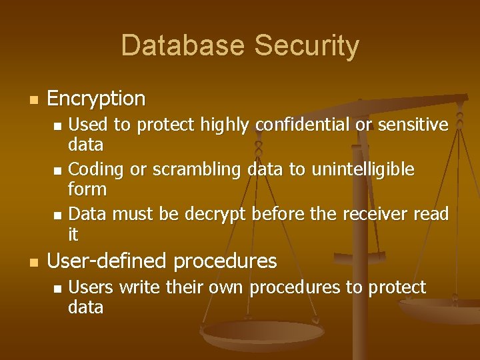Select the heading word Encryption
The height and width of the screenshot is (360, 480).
96,99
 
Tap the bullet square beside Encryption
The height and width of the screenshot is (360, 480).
33,100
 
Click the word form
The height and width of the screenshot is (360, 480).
87,189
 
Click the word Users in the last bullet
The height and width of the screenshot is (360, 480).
91,287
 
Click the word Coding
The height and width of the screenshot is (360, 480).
97,170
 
